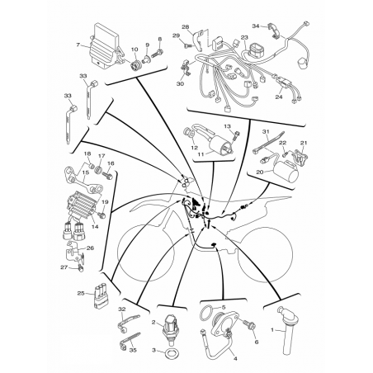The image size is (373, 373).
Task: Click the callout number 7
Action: (x=78, y=45)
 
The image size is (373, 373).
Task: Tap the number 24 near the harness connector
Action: (x=279, y=97)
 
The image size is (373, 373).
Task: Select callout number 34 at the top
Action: (x=256, y=26)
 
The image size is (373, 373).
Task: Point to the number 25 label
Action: (x=81, y=294)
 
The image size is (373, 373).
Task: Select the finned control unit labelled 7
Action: (x=106, y=46)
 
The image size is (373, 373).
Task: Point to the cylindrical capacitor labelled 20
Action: (x=286, y=170)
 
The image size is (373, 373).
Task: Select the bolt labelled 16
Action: (x=107, y=174)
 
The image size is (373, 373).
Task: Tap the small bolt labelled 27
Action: (x=80, y=267)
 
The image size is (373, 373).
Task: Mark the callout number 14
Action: (x=95, y=227)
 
